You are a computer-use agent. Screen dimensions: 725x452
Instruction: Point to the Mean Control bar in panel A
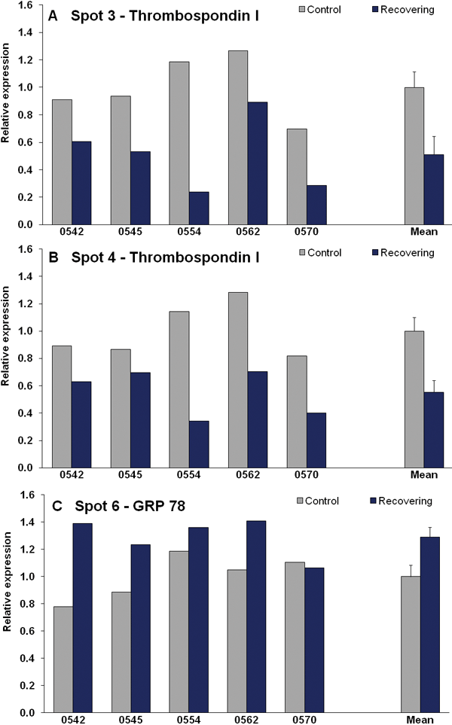(414, 156)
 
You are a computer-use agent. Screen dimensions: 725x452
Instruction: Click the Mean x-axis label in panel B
(423, 475)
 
